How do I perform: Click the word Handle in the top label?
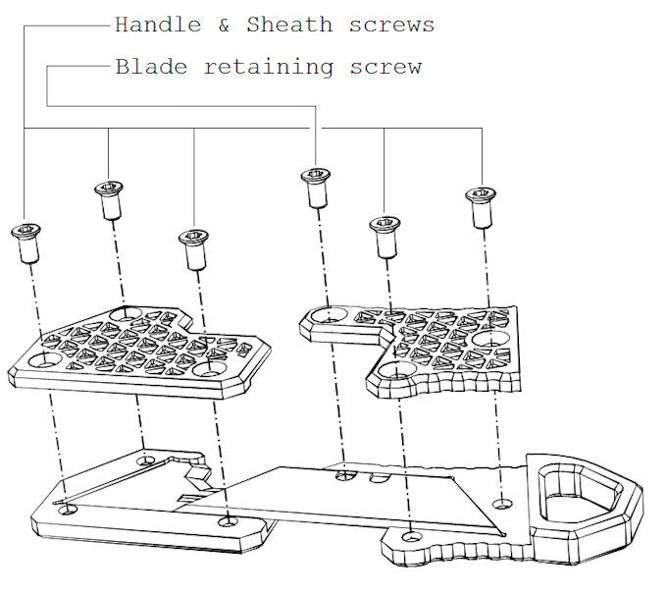pos(158,25)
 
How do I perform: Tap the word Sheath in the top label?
pos(289,25)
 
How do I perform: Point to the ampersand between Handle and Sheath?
pos(225,25)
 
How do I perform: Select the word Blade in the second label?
pos(151,67)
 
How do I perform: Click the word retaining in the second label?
pos(269,68)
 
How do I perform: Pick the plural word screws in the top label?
pos(391,26)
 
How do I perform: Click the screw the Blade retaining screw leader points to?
pos(316,188)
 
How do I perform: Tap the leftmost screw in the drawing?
pos(26,243)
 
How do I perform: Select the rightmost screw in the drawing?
pos(481,207)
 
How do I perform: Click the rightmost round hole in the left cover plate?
pos(209,369)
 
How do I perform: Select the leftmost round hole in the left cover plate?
pos(45,360)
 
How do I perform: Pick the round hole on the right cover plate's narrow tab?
pos(329,315)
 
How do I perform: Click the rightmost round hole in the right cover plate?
pos(490,339)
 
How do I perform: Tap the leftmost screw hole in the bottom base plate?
pos(68,509)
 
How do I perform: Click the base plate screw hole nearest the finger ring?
pos(502,505)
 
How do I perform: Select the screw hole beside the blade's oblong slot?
pos(345,476)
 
